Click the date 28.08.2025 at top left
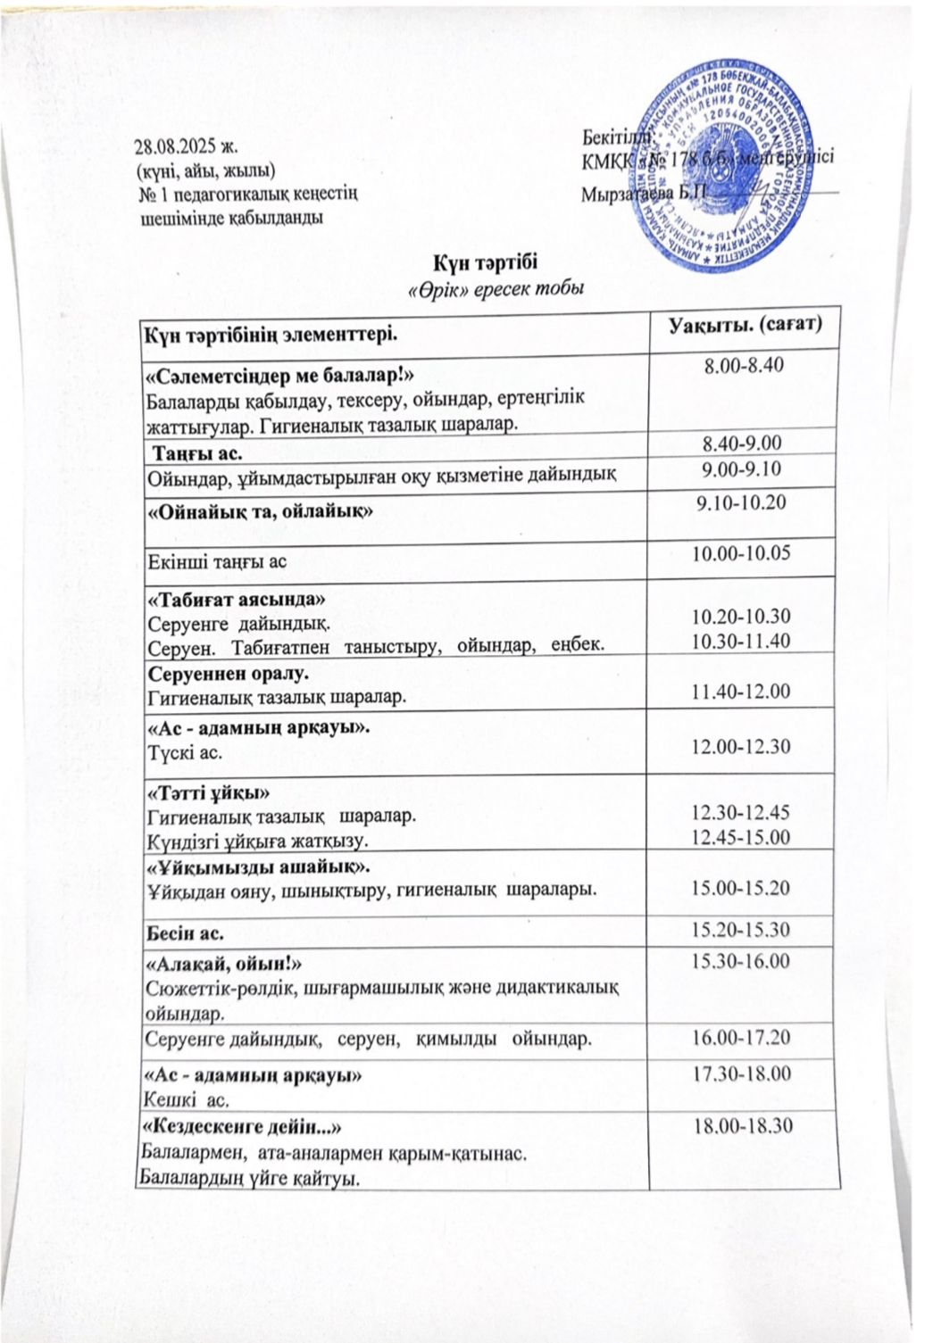click(187, 148)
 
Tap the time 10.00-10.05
click(743, 553)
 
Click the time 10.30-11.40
click(743, 641)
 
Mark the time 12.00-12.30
click(743, 745)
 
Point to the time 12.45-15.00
click(743, 837)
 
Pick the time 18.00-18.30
click(743, 1126)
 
